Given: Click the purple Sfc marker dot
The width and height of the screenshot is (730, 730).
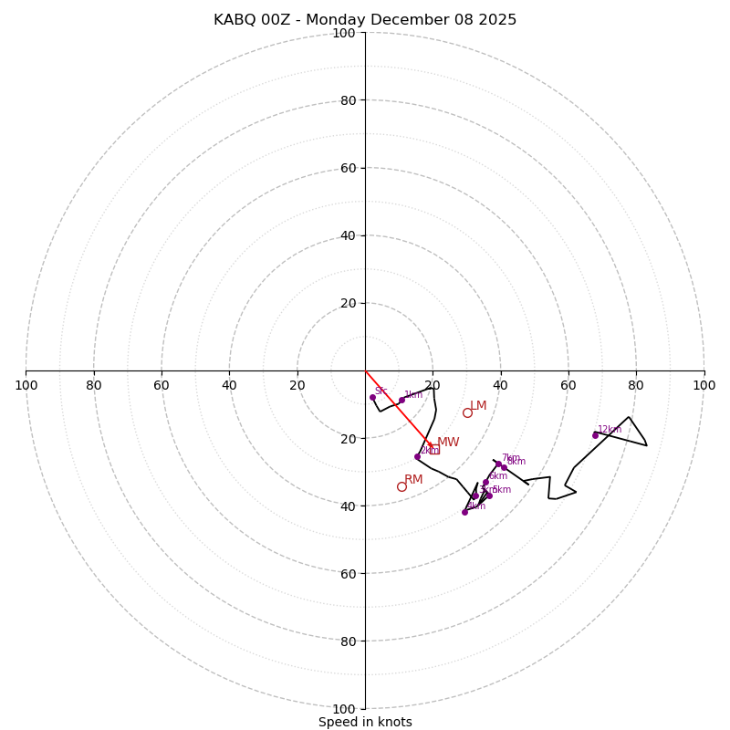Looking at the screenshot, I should pos(372,397).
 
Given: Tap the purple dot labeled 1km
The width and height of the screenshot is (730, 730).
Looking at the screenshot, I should pos(401,400).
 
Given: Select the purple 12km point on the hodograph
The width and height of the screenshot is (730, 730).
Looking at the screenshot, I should pos(595,435).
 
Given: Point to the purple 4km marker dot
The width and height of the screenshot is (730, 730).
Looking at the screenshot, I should pos(464,512).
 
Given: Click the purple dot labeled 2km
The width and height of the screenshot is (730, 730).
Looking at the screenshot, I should pos(417,456).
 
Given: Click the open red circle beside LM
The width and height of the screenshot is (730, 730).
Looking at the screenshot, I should pos(467,412).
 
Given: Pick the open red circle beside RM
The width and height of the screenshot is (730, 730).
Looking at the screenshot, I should pos(401,486).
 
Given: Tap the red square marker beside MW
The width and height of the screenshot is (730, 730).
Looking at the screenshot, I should pos(434,449).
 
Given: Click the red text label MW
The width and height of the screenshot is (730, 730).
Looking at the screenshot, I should pos(448,443).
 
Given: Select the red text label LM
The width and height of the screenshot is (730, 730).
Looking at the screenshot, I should pos(478,406).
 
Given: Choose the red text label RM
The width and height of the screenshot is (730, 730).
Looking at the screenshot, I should pos(413,480).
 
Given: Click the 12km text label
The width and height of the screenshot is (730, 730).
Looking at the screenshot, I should pos(610,430).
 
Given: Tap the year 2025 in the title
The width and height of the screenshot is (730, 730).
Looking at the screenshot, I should pos(498,20).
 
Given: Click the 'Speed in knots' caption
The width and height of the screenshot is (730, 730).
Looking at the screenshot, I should pos(365,722).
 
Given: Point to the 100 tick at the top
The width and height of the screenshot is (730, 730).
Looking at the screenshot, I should pos(344,34).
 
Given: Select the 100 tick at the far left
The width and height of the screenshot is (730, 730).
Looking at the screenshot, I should pos(26,385).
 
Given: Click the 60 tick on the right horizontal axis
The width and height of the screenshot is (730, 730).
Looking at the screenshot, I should pos(568,385).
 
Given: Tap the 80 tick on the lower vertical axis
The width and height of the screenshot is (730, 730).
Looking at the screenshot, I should pos(344,641).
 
